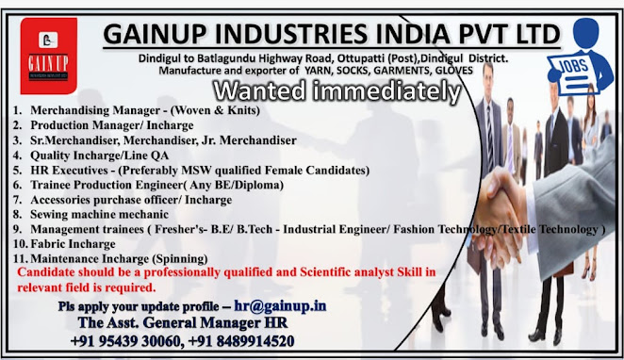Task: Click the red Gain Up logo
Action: [x=49, y=57]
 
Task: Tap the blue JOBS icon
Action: [x=580, y=57]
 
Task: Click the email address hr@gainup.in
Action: [x=280, y=305]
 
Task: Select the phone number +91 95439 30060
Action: [x=125, y=341]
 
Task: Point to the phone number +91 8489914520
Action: [x=241, y=341]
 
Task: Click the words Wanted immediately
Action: [x=337, y=91]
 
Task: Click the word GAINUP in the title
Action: [x=155, y=34]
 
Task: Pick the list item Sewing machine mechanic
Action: [x=100, y=215]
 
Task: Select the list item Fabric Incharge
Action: [x=73, y=244]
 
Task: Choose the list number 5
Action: [x=17, y=171]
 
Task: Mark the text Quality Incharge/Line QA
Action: [x=100, y=155]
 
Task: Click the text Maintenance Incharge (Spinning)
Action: [x=119, y=259]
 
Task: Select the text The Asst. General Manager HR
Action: [x=183, y=322]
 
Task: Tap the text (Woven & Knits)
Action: [x=215, y=110]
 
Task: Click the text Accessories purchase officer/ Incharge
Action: [x=131, y=200]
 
